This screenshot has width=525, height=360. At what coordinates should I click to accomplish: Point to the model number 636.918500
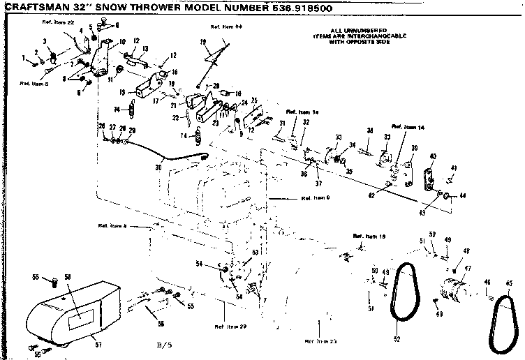pos(294,8)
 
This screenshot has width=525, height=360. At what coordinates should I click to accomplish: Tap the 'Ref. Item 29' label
pos(230,327)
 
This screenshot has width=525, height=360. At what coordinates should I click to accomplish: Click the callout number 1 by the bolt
pos(23,57)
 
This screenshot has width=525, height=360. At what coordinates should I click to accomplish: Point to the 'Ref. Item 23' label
pos(320,340)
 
